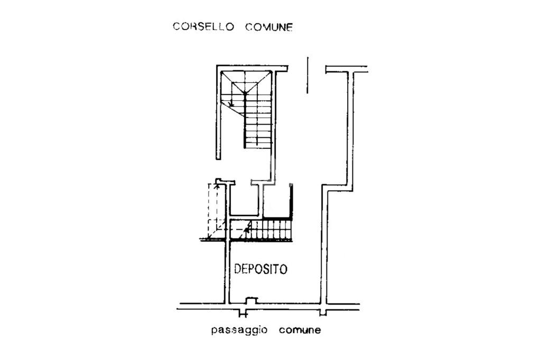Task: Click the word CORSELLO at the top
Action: click(203, 27)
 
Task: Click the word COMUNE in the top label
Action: click(268, 27)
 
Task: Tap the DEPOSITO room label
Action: click(260, 269)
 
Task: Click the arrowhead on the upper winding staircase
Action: click(231, 103)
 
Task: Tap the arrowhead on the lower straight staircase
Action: click(247, 229)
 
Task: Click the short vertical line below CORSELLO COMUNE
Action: click(307, 75)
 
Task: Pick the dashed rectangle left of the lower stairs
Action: click(214, 211)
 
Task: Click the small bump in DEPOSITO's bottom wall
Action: click(251, 300)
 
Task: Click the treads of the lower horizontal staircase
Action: click(270, 230)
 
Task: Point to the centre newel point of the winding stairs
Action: click(245, 93)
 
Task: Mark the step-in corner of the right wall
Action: click(324, 188)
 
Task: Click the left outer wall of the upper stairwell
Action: click(218, 113)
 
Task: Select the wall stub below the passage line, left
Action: click(242, 312)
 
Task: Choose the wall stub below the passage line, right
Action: click(323, 311)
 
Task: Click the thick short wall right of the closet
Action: click(291, 201)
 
